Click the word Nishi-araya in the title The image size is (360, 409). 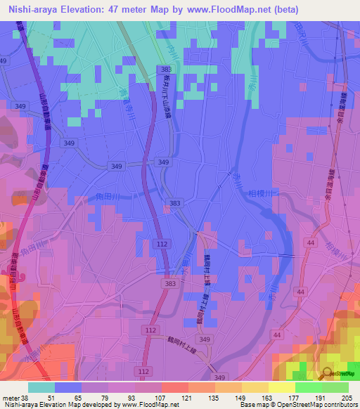36,9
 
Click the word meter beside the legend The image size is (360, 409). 10,397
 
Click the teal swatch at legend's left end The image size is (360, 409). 41,387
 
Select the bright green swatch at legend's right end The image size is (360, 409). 335,387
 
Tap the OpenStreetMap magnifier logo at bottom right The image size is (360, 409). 327,373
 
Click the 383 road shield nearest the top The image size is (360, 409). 166,70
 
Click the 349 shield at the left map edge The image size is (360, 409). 20,105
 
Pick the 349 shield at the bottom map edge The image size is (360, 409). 219,377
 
